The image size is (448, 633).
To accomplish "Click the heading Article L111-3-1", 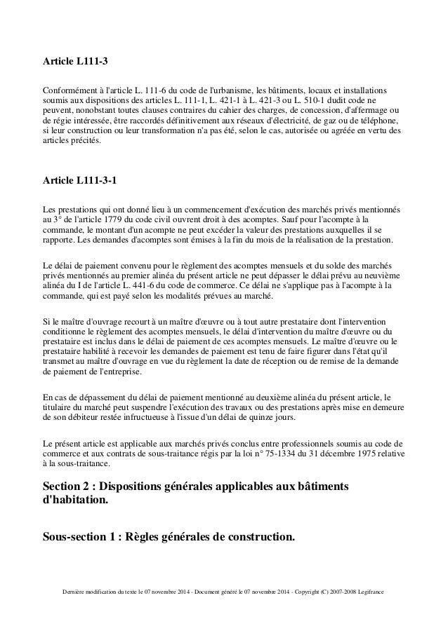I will point(80,181).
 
